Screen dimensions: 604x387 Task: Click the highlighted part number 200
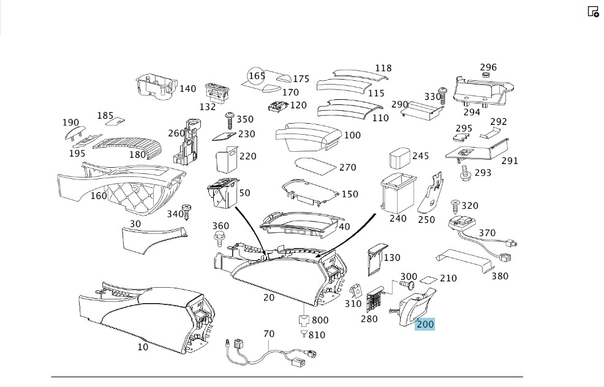[x=425, y=324]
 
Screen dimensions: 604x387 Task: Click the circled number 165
[x=257, y=76]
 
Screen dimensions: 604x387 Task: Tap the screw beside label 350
[x=230, y=121]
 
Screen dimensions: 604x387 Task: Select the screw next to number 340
[x=187, y=212]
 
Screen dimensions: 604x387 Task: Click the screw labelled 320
[x=455, y=207]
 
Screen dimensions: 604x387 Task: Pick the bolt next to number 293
[x=465, y=173]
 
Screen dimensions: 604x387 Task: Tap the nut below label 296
[x=486, y=75]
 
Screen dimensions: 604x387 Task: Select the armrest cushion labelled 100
[x=308, y=137]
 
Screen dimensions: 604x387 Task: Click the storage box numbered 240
[x=398, y=192]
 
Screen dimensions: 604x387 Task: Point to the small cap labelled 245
[x=400, y=157]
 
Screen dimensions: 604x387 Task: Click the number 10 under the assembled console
[x=143, y=347]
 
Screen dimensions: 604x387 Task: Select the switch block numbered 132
[x=217, y=92]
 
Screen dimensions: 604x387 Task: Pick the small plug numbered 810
[x=304, y=334]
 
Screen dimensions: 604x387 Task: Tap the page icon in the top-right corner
[x=593, y=12]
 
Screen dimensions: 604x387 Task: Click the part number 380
[x=500, y=276]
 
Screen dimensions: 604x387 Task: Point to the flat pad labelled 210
[x=428, y=280]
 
